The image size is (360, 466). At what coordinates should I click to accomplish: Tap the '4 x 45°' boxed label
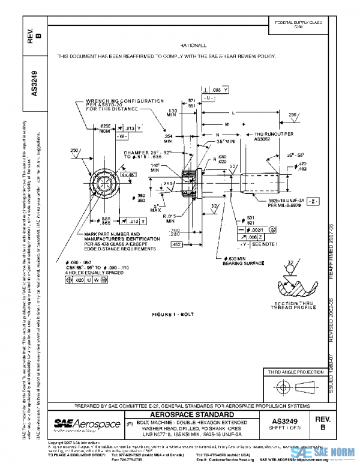point(128,174)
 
